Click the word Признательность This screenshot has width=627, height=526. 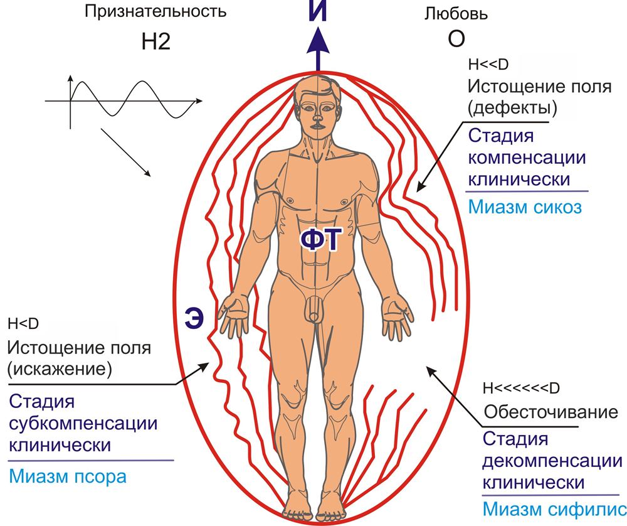tap(155, 11)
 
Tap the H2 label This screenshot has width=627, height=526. tap(156, 41)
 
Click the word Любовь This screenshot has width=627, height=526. tap(456, 14)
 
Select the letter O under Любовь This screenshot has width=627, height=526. tap(456, 39)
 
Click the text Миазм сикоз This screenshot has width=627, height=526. tap(525, 207)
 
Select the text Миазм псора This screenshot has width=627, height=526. tap(68, 476)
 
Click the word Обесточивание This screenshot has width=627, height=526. tap(551, 412)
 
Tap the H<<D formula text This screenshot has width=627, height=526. tap(488, 65)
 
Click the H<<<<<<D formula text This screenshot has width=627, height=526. tap(521, 388)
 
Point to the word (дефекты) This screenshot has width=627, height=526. tap(512, 108)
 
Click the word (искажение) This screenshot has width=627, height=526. tap(59, 368)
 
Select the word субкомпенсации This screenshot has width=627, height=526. tap(83, 424)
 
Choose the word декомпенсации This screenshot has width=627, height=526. tap(552, 461)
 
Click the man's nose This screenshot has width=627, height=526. tap(317, 117)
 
